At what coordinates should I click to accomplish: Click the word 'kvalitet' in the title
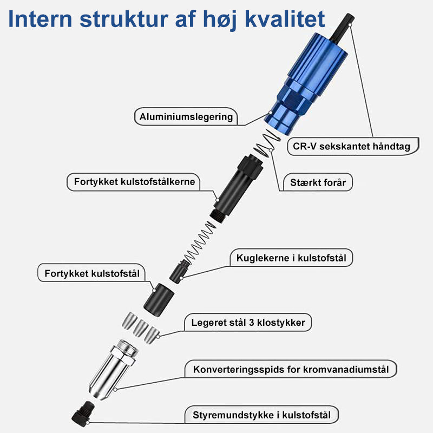285,19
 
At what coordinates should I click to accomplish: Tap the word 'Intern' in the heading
40,19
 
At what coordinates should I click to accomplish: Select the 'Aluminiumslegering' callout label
186,116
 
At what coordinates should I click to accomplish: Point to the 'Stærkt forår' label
318,182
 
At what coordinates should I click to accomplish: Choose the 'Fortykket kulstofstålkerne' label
134,182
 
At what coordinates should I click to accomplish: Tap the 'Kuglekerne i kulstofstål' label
291,258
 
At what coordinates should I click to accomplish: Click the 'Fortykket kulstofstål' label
92,273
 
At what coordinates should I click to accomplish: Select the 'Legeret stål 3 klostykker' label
248,322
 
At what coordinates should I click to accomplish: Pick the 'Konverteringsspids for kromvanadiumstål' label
291,369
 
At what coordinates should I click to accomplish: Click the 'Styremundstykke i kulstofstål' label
261,415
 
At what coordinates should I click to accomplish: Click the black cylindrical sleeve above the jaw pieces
159,300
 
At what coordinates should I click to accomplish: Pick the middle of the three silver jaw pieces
141,327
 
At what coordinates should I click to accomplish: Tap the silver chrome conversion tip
113,369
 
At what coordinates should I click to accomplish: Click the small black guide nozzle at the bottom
83,414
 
